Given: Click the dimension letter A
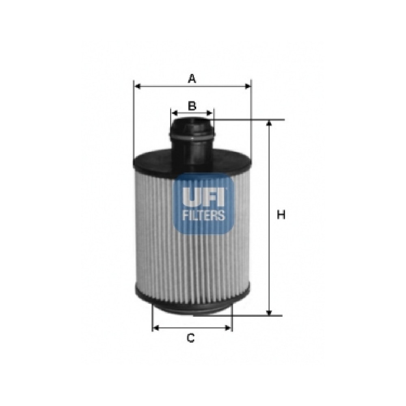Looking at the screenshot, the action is click(x=192, y=78).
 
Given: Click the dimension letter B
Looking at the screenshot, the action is click(x=192, y=106).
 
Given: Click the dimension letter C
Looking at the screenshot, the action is click(x=191, y=338).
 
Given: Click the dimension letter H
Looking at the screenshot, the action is click(x=281, y=215).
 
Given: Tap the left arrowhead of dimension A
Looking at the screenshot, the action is click(x=138, y=86).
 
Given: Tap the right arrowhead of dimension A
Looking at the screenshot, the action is click(x=248, y=86).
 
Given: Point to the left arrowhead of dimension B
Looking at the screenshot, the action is click(x=175, y=113).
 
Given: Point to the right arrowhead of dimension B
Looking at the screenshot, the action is click(x=209, y=113).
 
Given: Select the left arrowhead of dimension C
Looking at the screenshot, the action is click(x=156, y=328).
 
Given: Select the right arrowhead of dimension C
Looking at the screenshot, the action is click(x=228, y=328).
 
